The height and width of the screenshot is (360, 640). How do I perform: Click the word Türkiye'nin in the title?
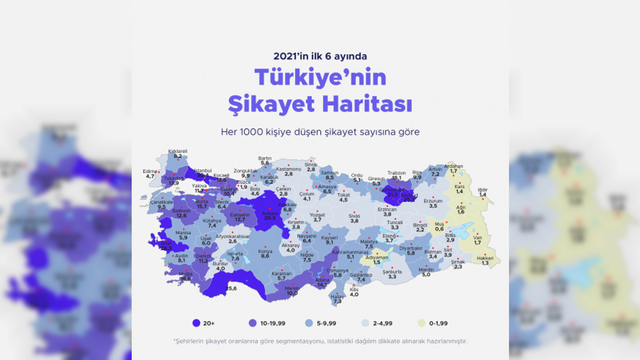click(320, 77)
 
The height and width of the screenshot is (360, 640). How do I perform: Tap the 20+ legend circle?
click(196, 323)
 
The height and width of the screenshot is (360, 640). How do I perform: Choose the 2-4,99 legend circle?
click(366, 323)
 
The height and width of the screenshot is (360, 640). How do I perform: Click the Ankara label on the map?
click(269, 212)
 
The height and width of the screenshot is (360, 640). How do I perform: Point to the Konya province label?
click(265, 251)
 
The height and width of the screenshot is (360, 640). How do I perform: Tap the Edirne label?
click(150, 170)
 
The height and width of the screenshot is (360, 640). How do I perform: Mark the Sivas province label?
click(354, 215)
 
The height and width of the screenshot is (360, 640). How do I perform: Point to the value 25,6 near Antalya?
click(231, 288)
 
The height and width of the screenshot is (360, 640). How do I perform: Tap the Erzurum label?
click(433, 200)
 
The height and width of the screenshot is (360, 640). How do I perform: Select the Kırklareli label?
click(177, 150)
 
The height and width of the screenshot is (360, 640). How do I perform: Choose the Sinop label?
click(311, 164)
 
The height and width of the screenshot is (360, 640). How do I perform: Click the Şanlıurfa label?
click(392, 271)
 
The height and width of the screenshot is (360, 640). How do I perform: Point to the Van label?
click(477, 237)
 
